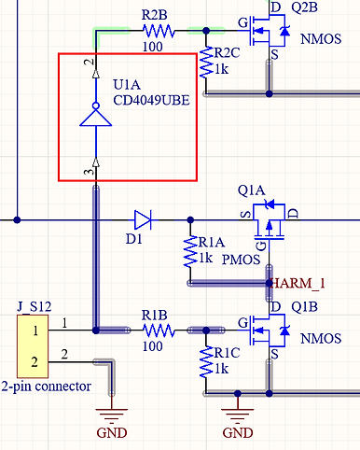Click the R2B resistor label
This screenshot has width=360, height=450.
point(155,15)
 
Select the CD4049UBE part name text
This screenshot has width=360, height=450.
point(148,99)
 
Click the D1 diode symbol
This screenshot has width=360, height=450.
point(142,220)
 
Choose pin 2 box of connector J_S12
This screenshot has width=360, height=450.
point(34,361)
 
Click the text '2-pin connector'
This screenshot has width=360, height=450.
point(46,386)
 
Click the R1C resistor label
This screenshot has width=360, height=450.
point(227,355)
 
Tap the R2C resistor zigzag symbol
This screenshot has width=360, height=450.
point(206,63)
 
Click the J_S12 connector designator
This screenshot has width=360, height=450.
point(35,305)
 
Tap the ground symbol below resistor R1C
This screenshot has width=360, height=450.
point(238,413)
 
